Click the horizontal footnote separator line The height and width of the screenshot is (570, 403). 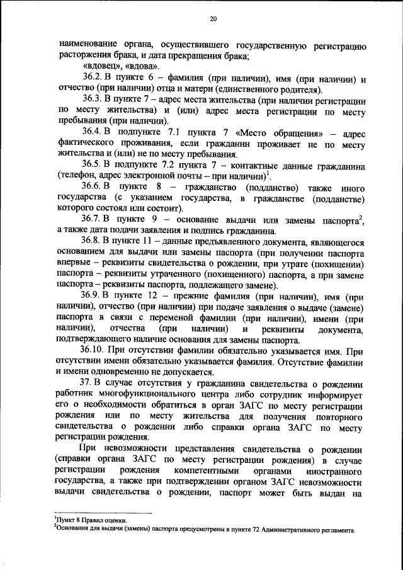click(x=103, y=513)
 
